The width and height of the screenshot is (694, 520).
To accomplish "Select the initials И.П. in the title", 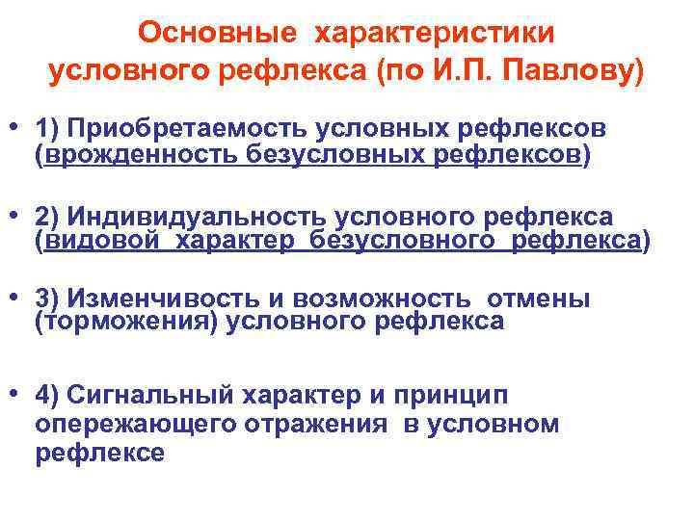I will coord(494,70).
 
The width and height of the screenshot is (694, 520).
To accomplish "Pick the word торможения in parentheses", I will coord(127,323).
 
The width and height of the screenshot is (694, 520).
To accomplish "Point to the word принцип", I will coord(464,396).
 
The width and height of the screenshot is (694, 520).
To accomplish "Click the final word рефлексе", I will coord(99,454).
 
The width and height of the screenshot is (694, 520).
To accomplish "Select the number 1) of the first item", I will coord(47,129).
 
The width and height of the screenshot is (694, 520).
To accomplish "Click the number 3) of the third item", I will coord(47,299).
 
